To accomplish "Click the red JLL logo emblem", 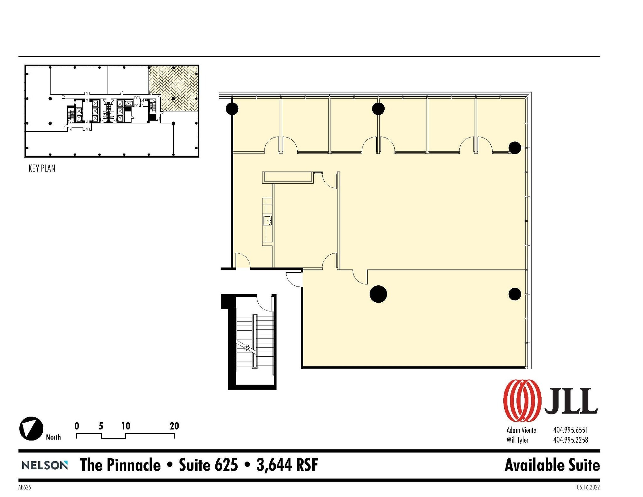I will coord(522,400).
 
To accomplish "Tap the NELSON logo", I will coord(45,465).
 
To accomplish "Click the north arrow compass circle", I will coord(31,429).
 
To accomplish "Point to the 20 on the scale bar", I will coord(174,426).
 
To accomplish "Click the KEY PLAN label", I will coord(42,169).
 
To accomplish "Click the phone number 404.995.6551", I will coord(570,430).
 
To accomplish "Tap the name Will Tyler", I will coord(517,440).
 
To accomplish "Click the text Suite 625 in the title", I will coord(208,465).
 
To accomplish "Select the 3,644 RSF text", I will coord(287,465).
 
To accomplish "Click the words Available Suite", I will coord(552,465).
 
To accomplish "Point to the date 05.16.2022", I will coord(588,487).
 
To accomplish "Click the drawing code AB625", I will coord(24,487).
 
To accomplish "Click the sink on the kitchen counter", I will coord(267,220).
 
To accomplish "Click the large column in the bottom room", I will coord(378,294).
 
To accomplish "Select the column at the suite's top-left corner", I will coord(232,109).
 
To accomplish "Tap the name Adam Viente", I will coord(521,430).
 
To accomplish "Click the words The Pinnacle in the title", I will coord(120,465).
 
